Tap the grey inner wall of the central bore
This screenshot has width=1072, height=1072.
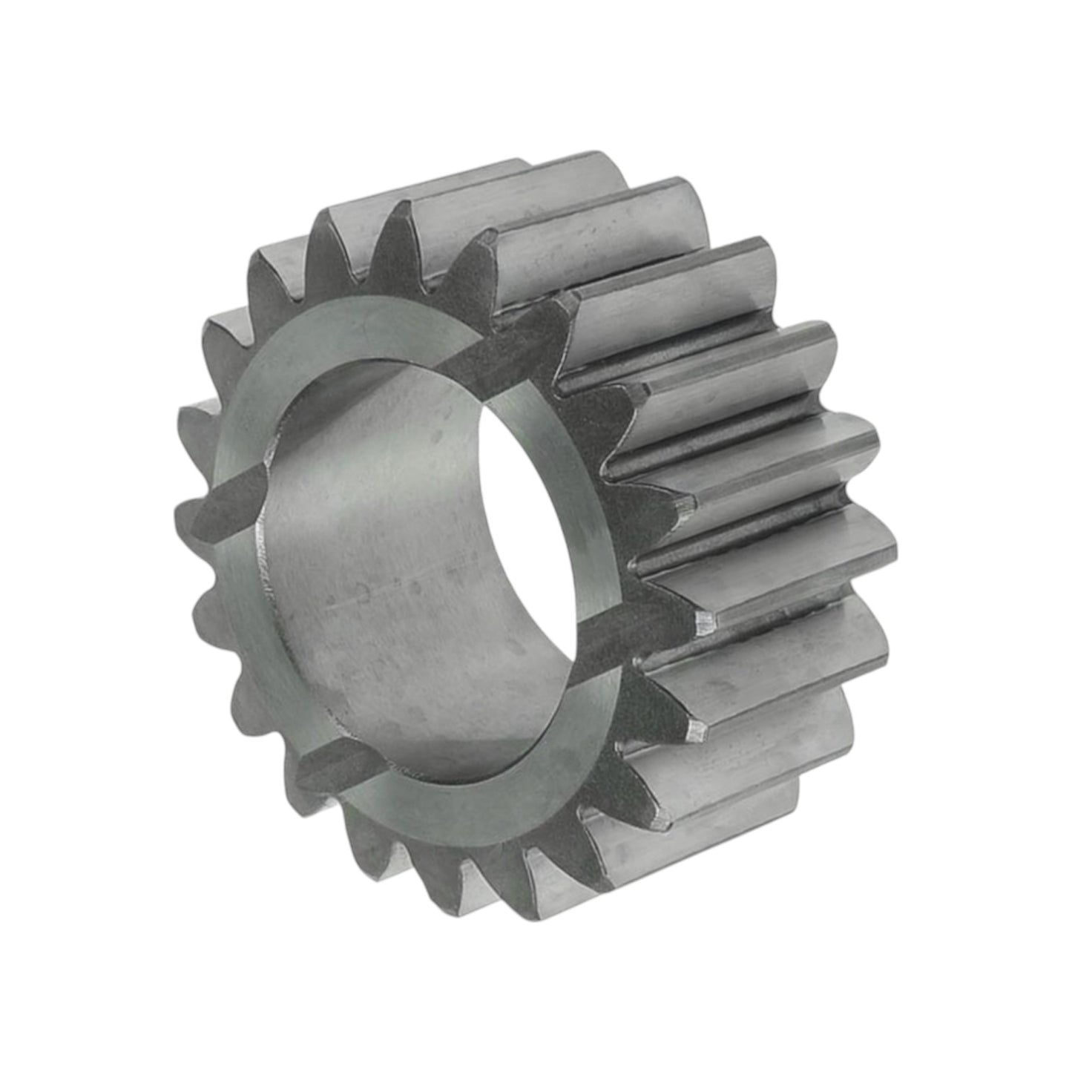371,564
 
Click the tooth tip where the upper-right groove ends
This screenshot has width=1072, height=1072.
568,300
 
